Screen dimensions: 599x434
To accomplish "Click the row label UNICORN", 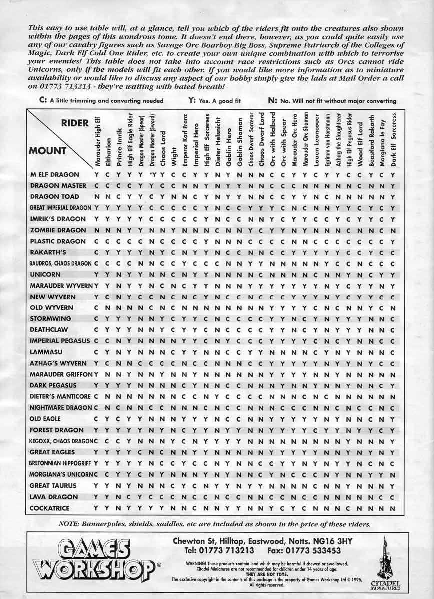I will (46, 275).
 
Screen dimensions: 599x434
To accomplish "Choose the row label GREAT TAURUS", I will (53, 486).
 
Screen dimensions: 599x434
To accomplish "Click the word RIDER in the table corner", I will (75, 123).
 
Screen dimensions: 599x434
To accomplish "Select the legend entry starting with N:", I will (332, 100).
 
